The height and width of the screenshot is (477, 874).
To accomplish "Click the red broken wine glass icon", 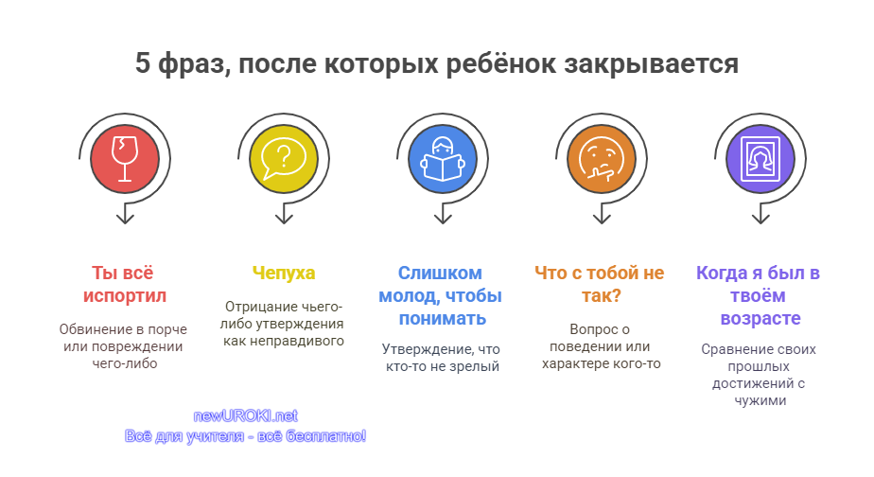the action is click(x=125, y=159).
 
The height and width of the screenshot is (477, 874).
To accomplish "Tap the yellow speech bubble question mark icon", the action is click(x=284, y=159).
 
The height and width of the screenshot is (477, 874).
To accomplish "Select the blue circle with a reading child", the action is click(x=443, y=159).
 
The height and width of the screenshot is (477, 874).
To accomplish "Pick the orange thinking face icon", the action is click(x=602, y=159).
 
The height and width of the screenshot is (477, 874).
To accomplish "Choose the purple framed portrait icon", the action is click(x=760, y=159).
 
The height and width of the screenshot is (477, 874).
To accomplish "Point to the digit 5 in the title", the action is click(x=143, y=63).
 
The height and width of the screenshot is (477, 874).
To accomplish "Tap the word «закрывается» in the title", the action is click(x=651, y=64).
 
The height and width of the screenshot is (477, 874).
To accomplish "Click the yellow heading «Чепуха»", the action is click(x=284, y=273).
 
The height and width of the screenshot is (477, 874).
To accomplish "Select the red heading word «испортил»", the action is click(x=125, y=296).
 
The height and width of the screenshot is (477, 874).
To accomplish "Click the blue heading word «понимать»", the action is click(x=443, y=319).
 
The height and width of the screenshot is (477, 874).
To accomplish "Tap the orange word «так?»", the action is click(x=602, y=295).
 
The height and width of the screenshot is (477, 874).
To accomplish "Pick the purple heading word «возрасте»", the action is click(x=760, y=319).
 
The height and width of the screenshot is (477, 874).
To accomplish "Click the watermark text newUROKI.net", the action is click(x=245, y=415).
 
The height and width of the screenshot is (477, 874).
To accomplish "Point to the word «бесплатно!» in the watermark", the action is click(x=326, y=435).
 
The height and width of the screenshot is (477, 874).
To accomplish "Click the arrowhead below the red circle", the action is click(x=125, y=217).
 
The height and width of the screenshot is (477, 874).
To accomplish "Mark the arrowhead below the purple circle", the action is click(x=760, y=217).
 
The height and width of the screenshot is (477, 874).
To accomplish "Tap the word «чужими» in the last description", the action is click(x=760, y=401).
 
